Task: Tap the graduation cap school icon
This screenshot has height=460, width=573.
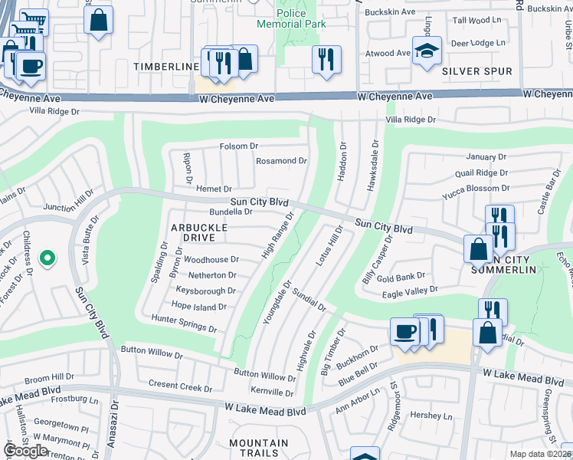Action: point(427,51)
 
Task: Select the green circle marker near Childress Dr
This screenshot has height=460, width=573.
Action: point(47,260)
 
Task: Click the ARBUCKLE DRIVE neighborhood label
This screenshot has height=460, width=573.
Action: point(199,234)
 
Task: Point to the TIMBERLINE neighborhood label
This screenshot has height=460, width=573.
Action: point(166,67)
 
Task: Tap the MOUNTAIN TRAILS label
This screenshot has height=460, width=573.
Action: point(258,449)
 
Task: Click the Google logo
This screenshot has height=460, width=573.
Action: point(26,451)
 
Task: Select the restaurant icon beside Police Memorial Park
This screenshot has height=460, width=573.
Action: point(326,59)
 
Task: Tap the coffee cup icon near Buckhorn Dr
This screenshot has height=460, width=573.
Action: point(404,333)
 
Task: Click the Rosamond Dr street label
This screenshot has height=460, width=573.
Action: point(281,161)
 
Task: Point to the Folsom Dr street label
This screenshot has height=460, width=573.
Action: point(239,146)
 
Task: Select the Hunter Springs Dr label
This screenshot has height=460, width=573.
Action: point(184,323)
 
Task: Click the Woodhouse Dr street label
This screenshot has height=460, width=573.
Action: point(211,260)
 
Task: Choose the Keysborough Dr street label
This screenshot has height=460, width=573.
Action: point(205,291)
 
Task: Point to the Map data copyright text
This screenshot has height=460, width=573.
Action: point(541,453)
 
